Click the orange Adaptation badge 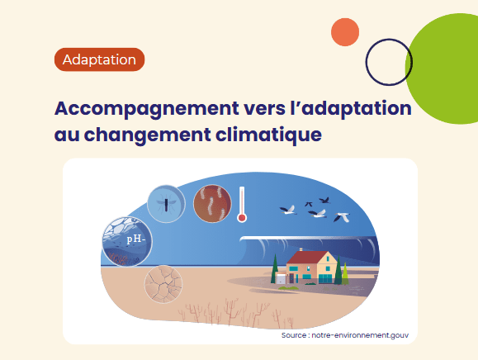coord(99,59)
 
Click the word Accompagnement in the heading coord(147,109)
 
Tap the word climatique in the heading coord(268,135)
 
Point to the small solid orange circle coord(345,32)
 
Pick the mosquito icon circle coord(166,203)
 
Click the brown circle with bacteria coord(212,203)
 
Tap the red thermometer coord(242,204)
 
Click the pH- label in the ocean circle coord(136,239)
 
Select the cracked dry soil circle coord(163,284)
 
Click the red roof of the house coord(305,258)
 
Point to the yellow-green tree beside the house coord(345,273)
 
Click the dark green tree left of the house coord(275,268)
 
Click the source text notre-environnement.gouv coord(360,335)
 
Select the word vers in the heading coord(264,109)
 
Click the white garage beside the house coord(281,278)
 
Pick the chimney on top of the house coord(301,249)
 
